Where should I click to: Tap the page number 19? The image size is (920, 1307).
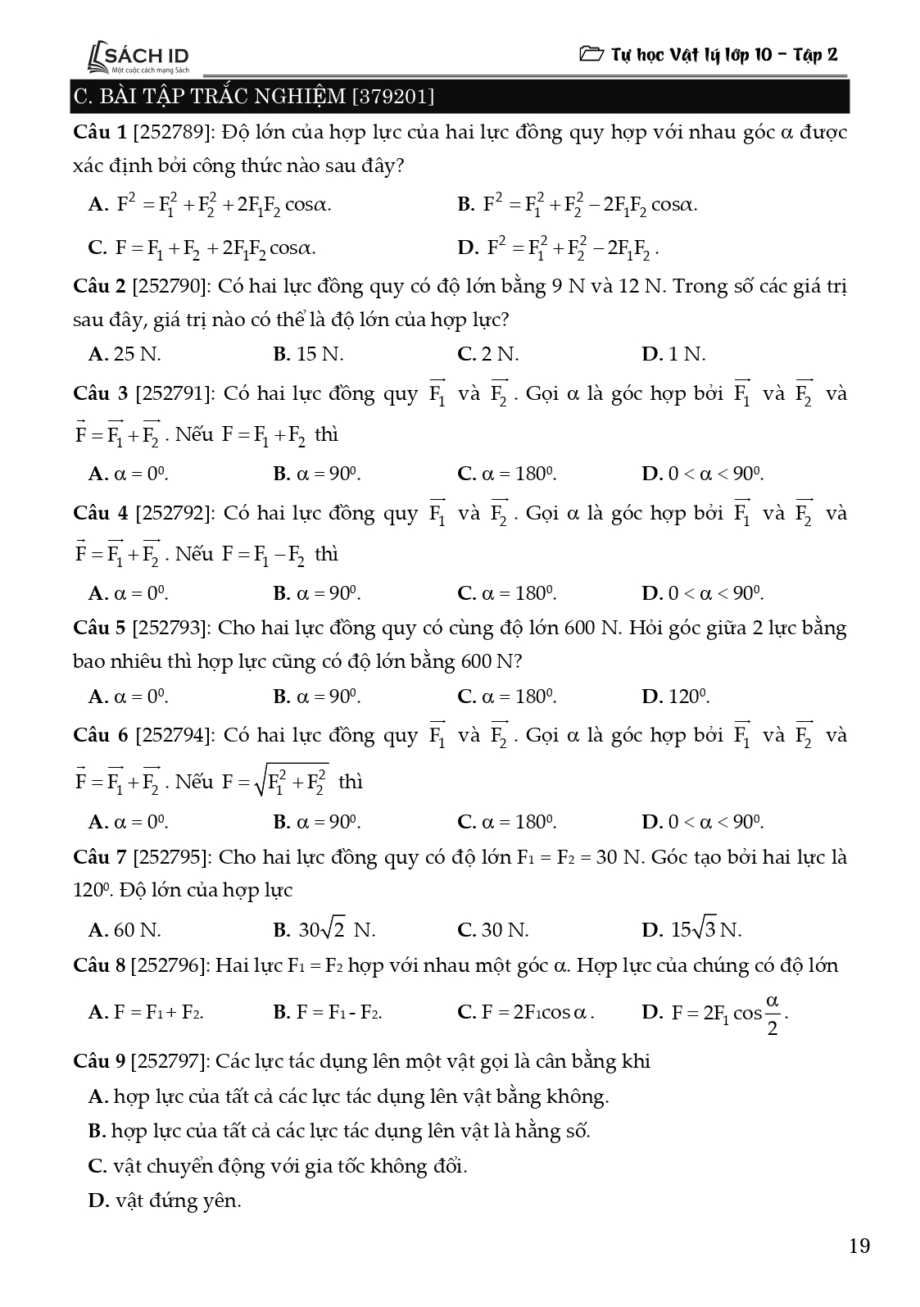859,1246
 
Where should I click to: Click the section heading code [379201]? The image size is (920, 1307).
392,98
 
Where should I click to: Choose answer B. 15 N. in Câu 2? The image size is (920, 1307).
308,354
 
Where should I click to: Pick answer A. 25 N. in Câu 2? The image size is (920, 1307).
125,354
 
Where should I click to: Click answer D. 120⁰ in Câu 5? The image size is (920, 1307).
676,697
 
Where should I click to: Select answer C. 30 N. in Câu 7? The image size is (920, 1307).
493,930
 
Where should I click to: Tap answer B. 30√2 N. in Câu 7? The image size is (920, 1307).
324,930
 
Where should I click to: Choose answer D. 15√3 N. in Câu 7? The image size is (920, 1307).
692,930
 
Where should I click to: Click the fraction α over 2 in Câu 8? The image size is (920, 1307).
772,1014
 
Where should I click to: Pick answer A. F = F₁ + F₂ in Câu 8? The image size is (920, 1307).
146,1013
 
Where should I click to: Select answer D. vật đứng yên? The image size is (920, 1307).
165,1201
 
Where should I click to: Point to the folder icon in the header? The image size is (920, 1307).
590,55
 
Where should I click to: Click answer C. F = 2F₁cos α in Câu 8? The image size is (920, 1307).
526,1013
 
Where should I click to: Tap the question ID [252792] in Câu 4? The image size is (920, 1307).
174,514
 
